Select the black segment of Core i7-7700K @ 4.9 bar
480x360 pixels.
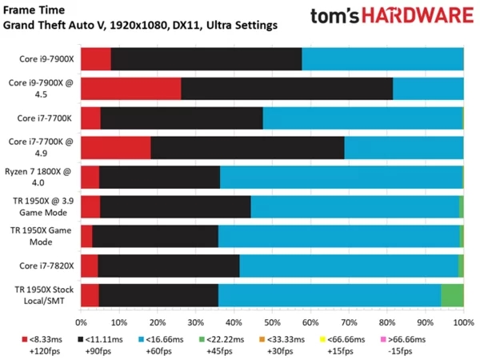[247, 147]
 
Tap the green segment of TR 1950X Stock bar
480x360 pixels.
[452, 294]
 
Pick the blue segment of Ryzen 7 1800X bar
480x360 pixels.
[341, 177]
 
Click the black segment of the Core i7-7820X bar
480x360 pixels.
[168, 265]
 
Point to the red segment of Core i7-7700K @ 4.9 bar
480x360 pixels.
[115, 147]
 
